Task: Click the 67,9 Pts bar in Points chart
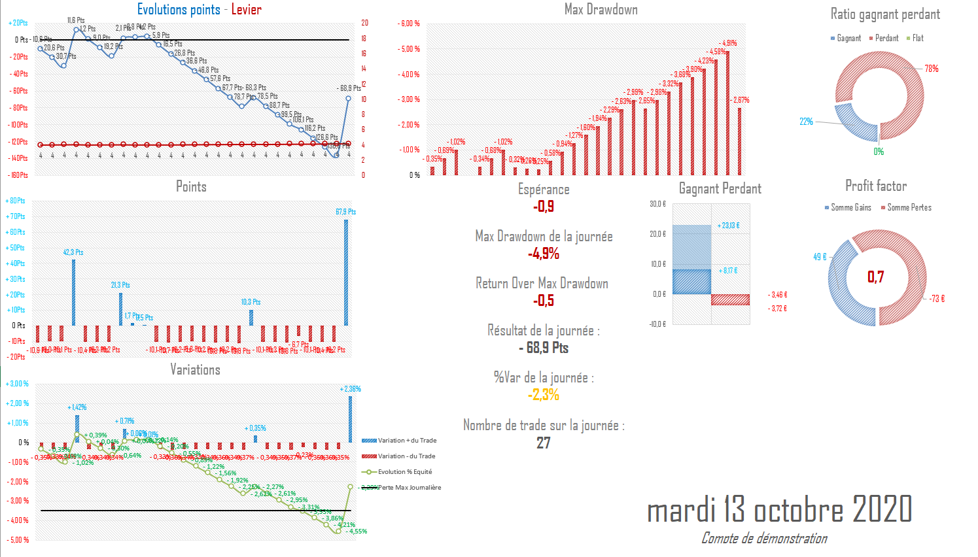346,272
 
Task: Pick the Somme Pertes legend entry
909,208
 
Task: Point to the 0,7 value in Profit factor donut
875,277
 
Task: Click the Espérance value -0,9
544,207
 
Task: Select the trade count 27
544,443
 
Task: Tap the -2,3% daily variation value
544,395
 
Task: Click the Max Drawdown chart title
601,10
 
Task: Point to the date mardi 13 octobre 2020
779,509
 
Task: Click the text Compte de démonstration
764,539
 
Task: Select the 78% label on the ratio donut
931,69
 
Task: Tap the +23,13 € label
728,226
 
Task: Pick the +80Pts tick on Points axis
17,201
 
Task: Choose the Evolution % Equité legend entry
404,472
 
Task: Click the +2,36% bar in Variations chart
350,419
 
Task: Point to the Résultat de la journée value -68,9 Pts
544,348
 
